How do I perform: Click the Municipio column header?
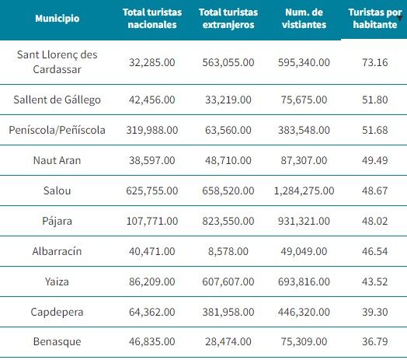coord(57,19)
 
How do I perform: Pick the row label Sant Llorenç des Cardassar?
coord(57,62)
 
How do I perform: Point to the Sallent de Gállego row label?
coord(57,100)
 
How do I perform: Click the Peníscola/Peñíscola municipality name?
coord(57,130)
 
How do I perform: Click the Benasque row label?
coord(57,342)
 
